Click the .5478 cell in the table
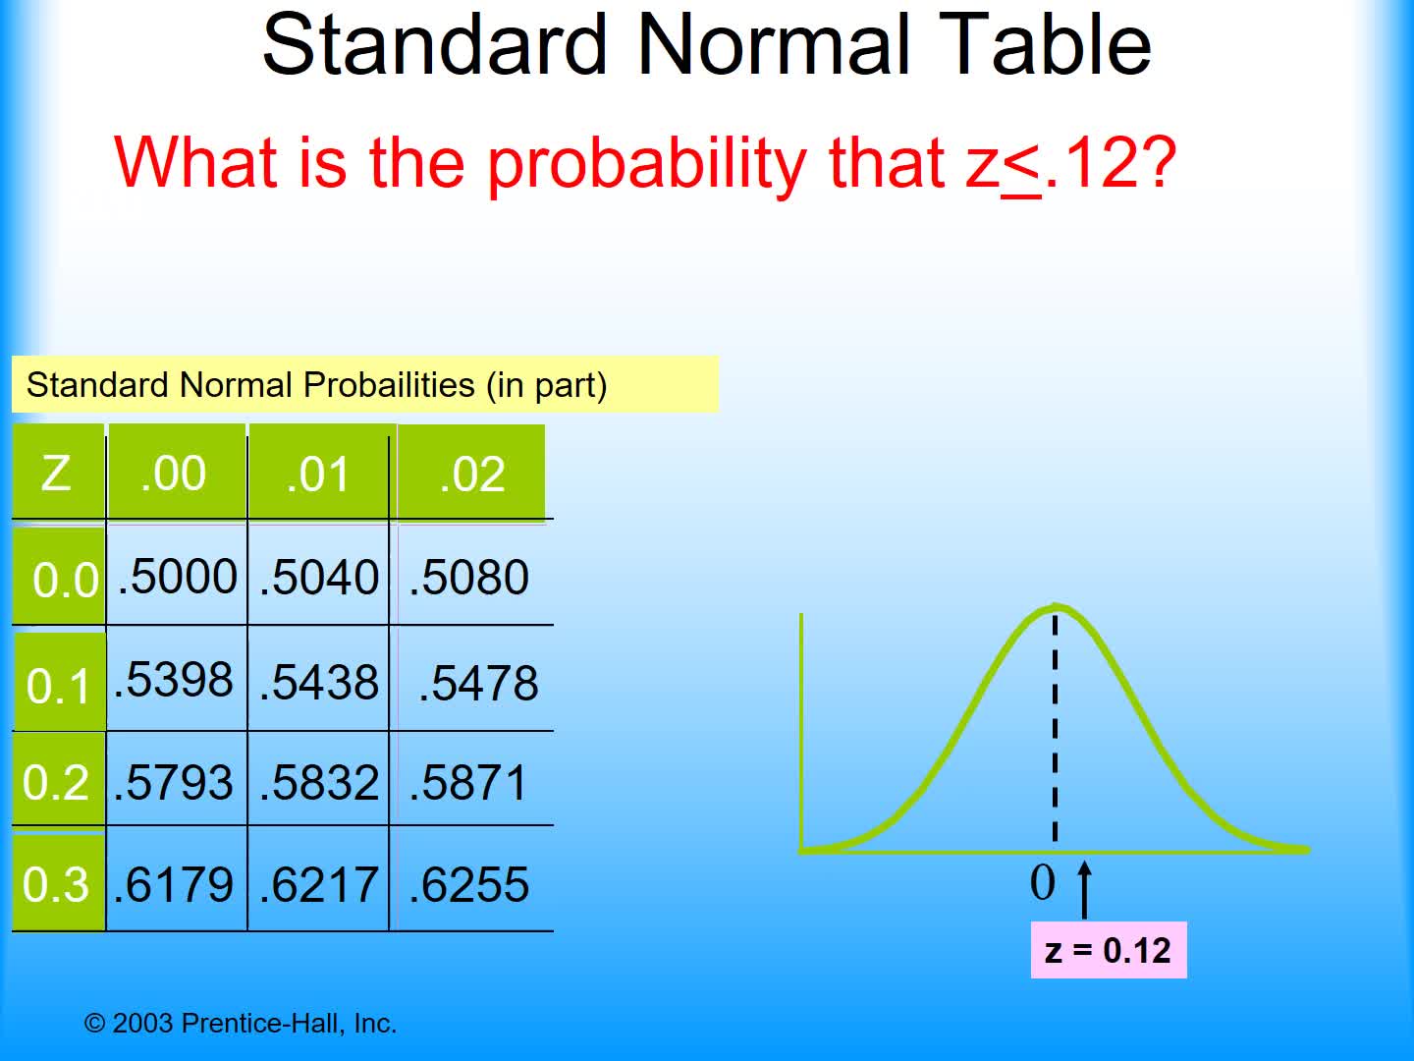[x=477, y=683]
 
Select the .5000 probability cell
[x=177, y=577]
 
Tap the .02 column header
[x=471, y=474]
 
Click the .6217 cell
[x=318, y=885]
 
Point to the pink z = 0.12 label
[x=1108, y=950]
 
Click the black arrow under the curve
[x=1085, y=889]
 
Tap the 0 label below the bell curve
[x=1042, y=882]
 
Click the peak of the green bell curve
[x=1055, y=606]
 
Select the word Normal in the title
[x=774, y=45]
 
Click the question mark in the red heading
[x=1159, y=162]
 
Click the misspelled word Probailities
[x=389, y=385]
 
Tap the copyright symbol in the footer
[x=94, y=1024]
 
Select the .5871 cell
[x=468, y=783]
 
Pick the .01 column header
[x=318, y=473]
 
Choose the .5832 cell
[x=318, y=783]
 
